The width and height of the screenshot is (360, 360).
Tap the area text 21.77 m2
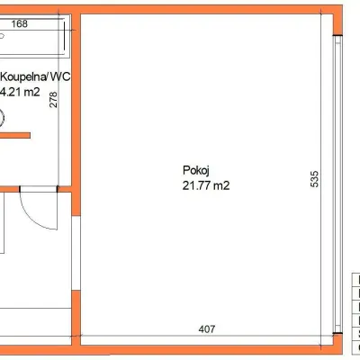[x=206, y=185]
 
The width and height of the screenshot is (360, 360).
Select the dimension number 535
[x=314, y=179]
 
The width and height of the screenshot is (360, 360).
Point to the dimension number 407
[x=207, y=329]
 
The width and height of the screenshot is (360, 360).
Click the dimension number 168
[x=20, y=23]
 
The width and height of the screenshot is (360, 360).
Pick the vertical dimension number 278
[x=53, y=100]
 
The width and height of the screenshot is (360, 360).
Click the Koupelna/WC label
[x=35, y=76]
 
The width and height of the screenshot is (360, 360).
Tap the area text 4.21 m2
[x=21, y=92]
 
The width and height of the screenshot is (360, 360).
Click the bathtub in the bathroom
[x=32, y=36]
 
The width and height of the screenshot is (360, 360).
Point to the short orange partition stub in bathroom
[x=15, y=136]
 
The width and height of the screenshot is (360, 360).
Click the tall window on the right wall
[x=338, y=188]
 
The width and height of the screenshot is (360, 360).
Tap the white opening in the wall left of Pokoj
[x=76, y=253]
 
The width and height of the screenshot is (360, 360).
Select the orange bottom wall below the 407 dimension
[x=207, y=349]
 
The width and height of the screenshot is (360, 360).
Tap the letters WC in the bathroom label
[x=60, y=76]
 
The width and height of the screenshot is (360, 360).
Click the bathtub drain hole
[x=2, y=36]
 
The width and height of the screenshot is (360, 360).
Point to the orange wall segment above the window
[x=337, y=20]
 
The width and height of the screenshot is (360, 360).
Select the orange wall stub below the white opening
[x=76, y=318]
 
